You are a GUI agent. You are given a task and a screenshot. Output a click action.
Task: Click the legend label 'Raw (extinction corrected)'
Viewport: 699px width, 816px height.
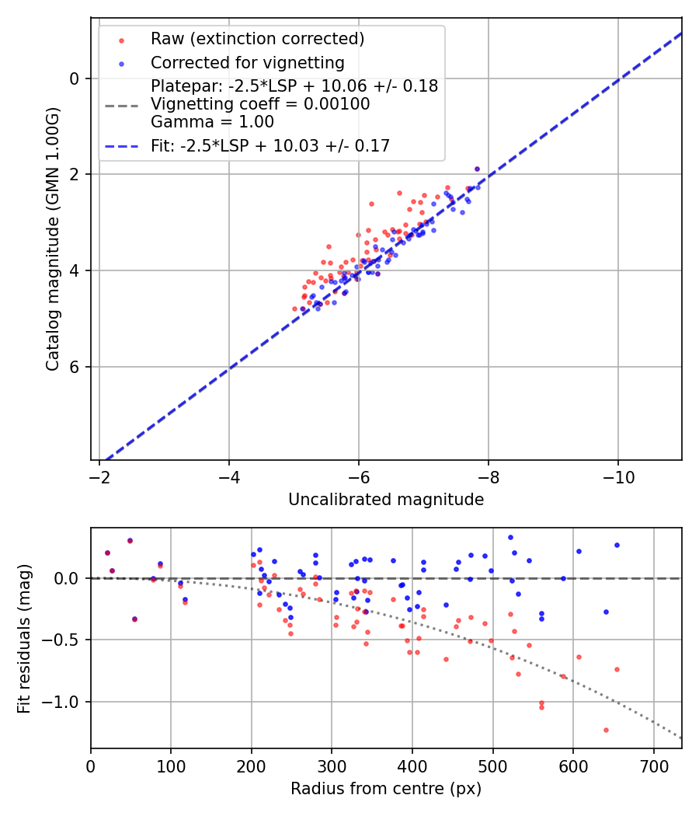click(x=257, y=39)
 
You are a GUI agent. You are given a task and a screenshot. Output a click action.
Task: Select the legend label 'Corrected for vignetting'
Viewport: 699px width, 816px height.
click(x=247, y=63)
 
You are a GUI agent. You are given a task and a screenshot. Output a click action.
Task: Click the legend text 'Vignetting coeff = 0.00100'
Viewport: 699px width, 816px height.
click(x=260, y=104)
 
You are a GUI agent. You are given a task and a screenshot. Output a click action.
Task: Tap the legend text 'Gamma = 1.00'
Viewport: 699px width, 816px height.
click(x=212, y=122)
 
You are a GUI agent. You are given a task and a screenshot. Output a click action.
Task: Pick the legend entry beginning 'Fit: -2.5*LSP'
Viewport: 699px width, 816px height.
click(x=270, y=146)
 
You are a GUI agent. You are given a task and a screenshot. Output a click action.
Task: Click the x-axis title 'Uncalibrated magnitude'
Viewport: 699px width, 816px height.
click(x=386, y=500)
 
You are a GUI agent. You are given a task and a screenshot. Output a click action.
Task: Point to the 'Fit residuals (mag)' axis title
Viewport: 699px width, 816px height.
click(x=24, y=638)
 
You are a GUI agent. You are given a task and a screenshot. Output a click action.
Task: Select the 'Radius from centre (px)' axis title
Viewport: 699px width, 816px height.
click(x=386, y=789)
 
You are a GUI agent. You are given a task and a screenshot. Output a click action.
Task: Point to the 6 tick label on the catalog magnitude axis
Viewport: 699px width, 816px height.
click(x=75, y=367)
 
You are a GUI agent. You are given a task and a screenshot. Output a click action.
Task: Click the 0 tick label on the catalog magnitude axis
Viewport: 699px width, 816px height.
click(x=75, y=78)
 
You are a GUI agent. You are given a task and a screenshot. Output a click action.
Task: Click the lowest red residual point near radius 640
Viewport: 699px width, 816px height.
click(x=606, y=730)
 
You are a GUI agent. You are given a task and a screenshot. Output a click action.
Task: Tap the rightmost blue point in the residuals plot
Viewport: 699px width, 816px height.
click(x=617, y=545)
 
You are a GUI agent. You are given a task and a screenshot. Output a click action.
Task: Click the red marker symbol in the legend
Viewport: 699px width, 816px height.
click(x=121, y=40)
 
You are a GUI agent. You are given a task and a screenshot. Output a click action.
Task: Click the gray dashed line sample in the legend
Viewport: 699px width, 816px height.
click(x=121, y=104)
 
